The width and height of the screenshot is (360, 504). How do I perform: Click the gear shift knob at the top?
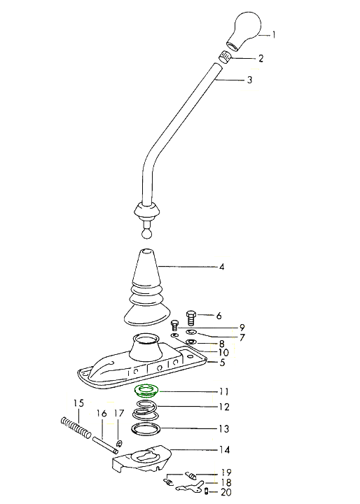pyautogui.click(x=244, y=31)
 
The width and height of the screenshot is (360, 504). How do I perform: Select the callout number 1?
pyautogui.click(x=274, y=34)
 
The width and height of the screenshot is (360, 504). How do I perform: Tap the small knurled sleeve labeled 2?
pyautogui.click(x=226, y=57)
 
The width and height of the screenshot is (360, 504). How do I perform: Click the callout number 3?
pyautogui.click(x=249, y=80)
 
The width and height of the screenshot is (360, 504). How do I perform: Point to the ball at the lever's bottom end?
pyautogui.click(x=146, y=233)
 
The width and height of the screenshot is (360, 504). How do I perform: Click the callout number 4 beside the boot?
pyautogui.click(x=221, y=267)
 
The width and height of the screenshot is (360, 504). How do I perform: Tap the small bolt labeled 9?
pyautogui.click(x=175, y=325)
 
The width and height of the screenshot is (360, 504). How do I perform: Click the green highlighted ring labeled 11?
pyautogui.click(x=146, y=391)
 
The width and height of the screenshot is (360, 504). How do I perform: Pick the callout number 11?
pyautogui.click(x=223, y=391)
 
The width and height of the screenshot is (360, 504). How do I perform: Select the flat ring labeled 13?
pyautogui.click(x=146, y=429)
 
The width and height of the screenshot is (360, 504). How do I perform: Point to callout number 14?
pyautogui.click(x=224, y=449)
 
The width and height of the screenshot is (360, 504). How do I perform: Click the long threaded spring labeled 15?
pyautogui.click(x=76, y=427)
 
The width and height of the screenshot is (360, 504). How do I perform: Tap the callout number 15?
pyautogui.click(x=79, y=402)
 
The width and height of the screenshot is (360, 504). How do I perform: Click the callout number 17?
pyautogui.click(x=119, y=414)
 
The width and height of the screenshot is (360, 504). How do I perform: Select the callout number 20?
pyautogui.click(x=226, y=492)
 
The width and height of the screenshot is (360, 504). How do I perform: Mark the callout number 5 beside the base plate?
pyautogui.click(x=222, y=363)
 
